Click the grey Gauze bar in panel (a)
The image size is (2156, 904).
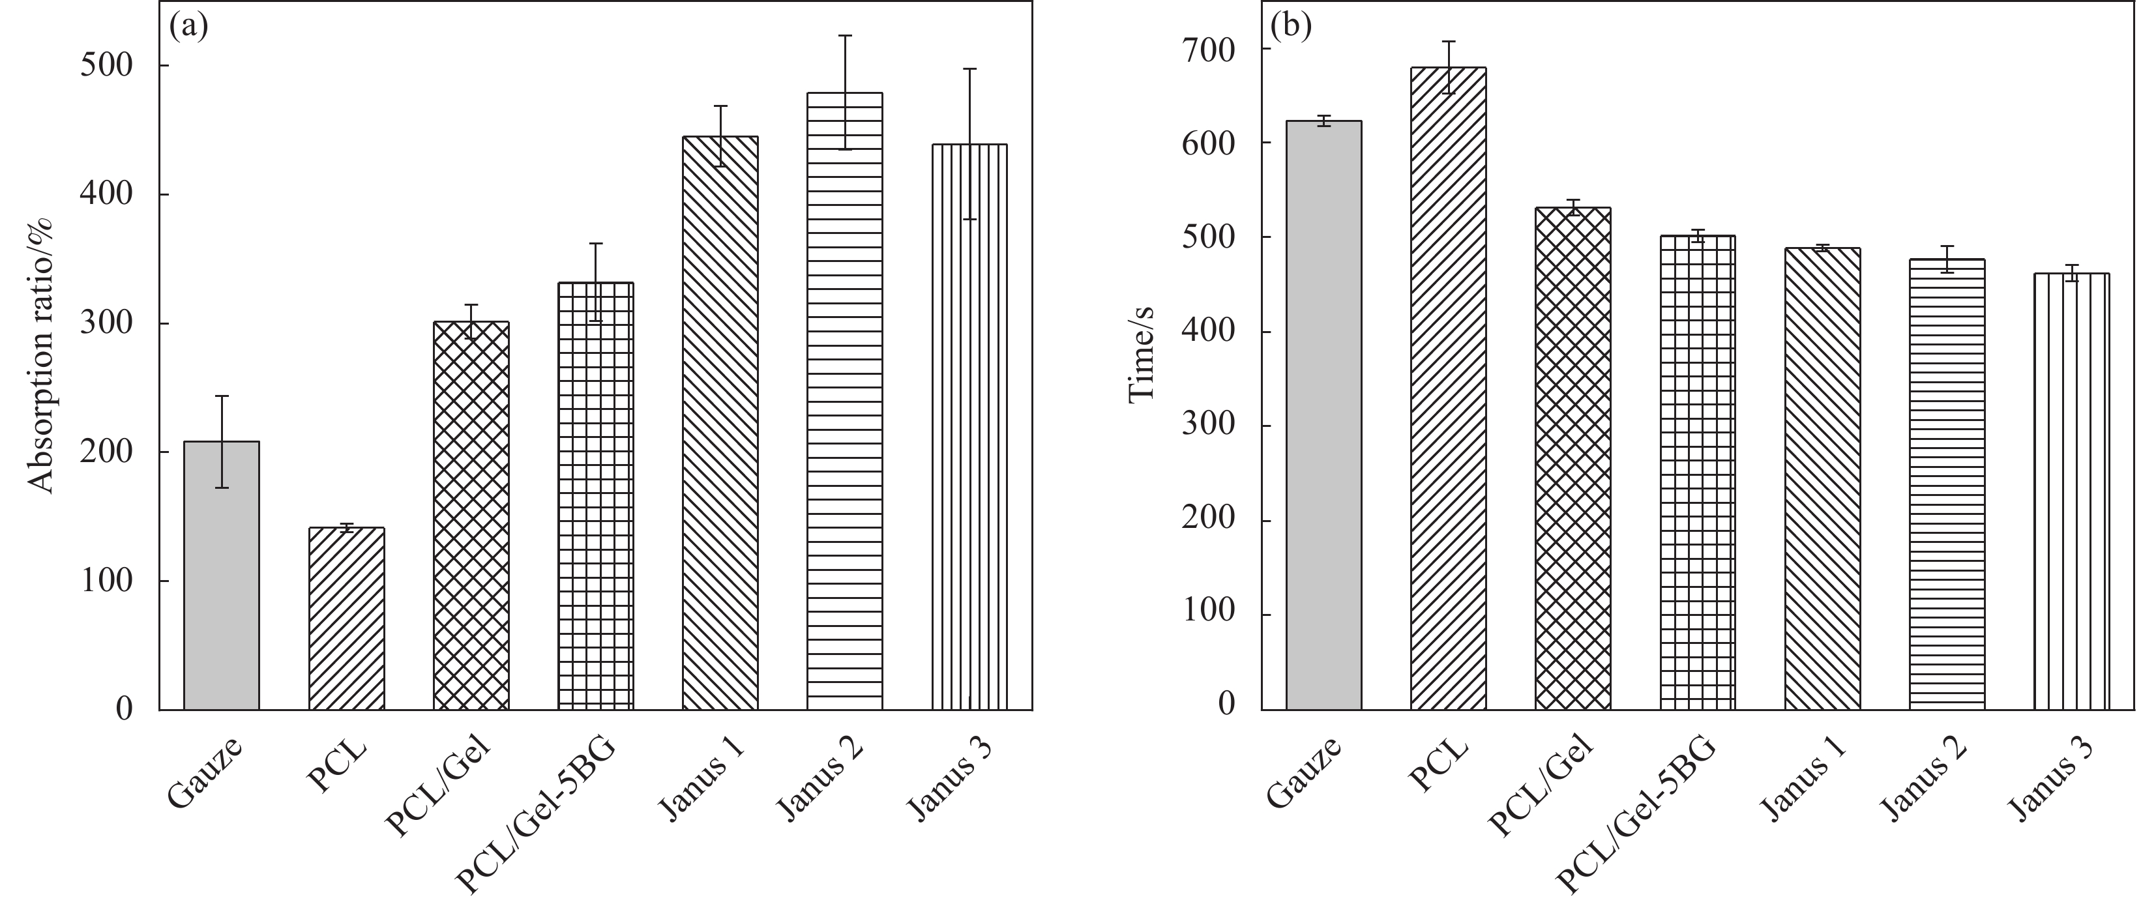222,577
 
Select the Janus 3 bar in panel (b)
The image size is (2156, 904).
2071,495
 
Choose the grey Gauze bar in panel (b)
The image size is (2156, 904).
1324,418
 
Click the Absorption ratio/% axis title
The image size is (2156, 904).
41,356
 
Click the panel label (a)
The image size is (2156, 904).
188,27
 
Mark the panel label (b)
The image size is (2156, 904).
1291,27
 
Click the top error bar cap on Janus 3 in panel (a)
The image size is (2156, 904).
969,68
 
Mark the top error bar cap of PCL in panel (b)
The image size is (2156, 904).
1448,41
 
